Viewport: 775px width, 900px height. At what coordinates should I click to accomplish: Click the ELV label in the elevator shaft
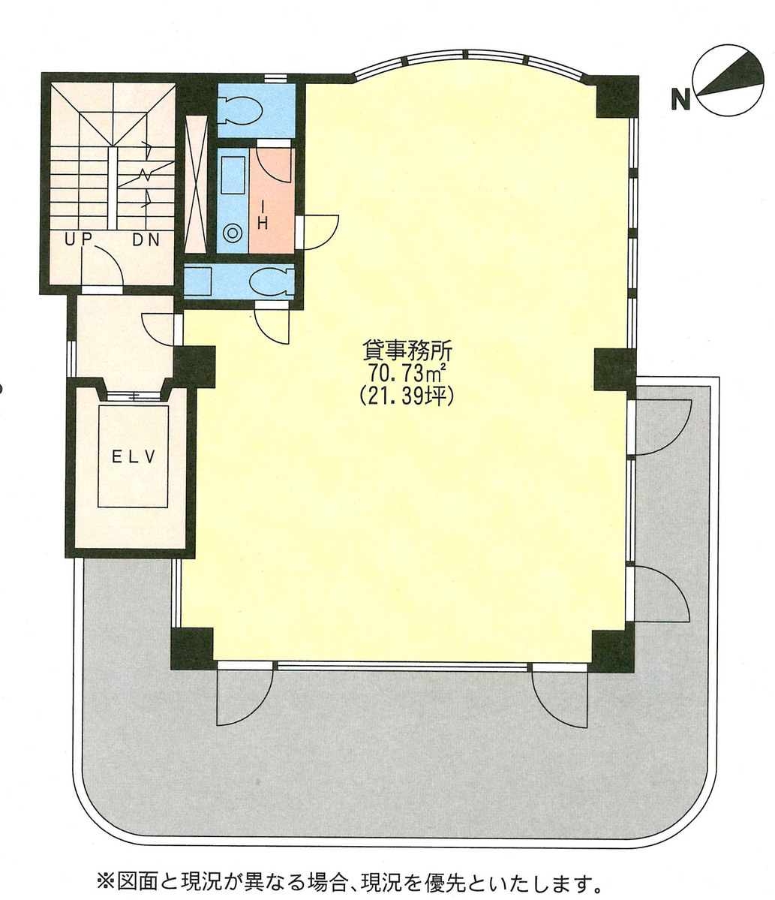point(134,457)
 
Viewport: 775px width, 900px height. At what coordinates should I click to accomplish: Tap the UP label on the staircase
point(78,240)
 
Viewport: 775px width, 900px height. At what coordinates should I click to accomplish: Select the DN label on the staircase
point(148,240)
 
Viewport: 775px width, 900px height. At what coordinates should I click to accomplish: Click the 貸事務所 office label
point(406,351)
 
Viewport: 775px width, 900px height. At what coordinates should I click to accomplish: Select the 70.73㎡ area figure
point(406,373)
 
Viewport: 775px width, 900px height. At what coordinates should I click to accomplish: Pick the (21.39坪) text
point(406,396)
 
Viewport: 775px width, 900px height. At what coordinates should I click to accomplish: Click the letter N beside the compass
point(680,98)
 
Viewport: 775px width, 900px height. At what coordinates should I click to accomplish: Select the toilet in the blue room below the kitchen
point(271,282)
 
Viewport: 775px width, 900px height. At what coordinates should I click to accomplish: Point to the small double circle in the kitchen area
point(233,233)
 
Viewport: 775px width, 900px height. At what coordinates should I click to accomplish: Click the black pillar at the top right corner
point(617,97)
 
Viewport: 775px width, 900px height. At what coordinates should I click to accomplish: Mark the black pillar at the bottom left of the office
point(191,648)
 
